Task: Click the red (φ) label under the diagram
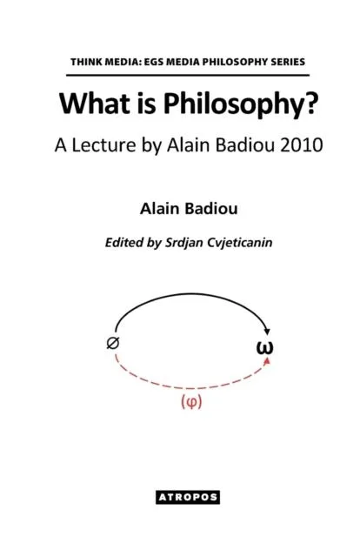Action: click(x=187, y=404)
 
